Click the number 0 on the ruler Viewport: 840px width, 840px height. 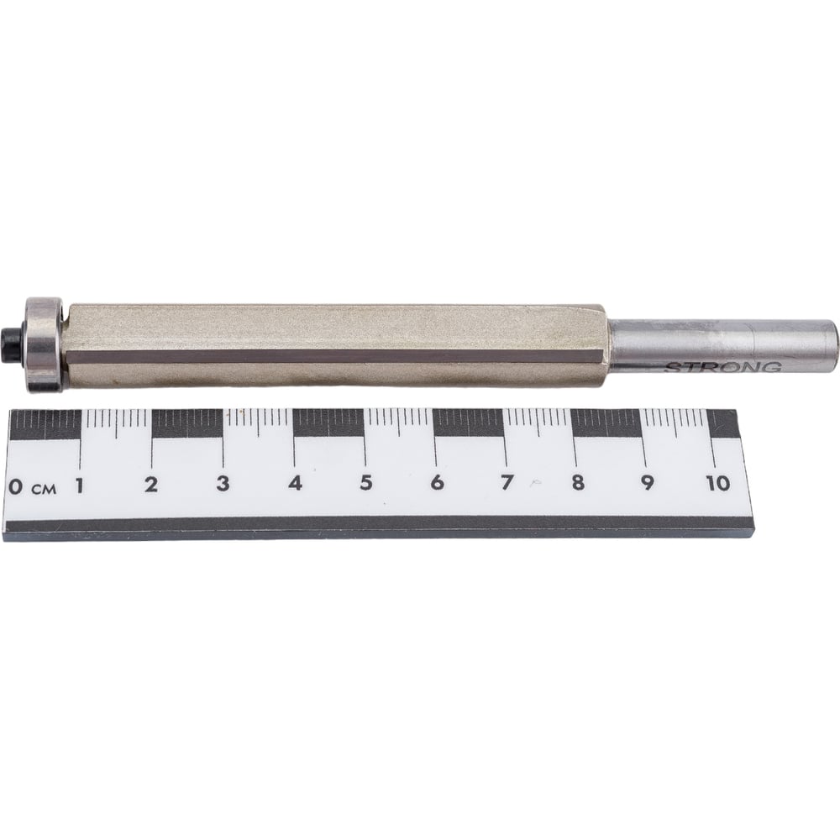tap(16, 487)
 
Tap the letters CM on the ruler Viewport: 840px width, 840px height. tap(44, 489)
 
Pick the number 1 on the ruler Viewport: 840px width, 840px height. tap(80, 486)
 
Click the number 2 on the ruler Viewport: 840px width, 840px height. tap(151, 485)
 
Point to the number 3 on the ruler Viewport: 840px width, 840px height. tap(223, 483)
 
